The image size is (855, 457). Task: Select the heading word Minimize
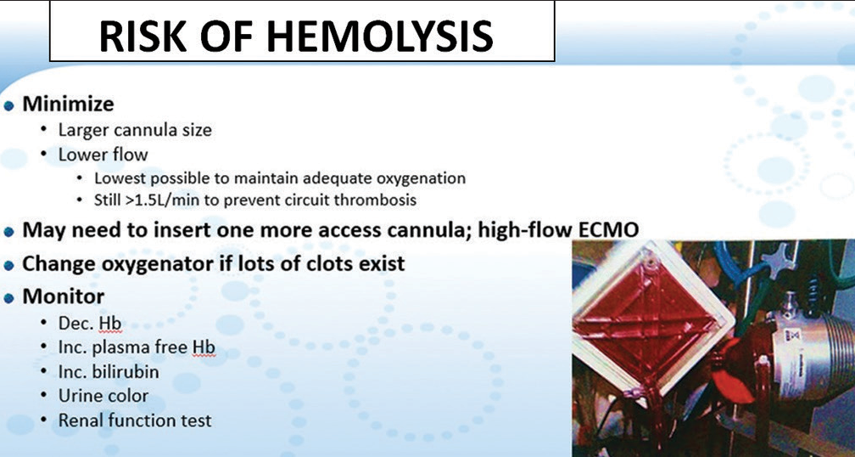pos(68,104)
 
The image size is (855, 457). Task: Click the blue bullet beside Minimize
pos(8,105)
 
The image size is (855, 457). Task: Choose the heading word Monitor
pos(64,296)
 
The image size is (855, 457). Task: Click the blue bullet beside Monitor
pos(8,298)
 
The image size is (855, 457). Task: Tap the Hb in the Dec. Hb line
pos(109,324)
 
